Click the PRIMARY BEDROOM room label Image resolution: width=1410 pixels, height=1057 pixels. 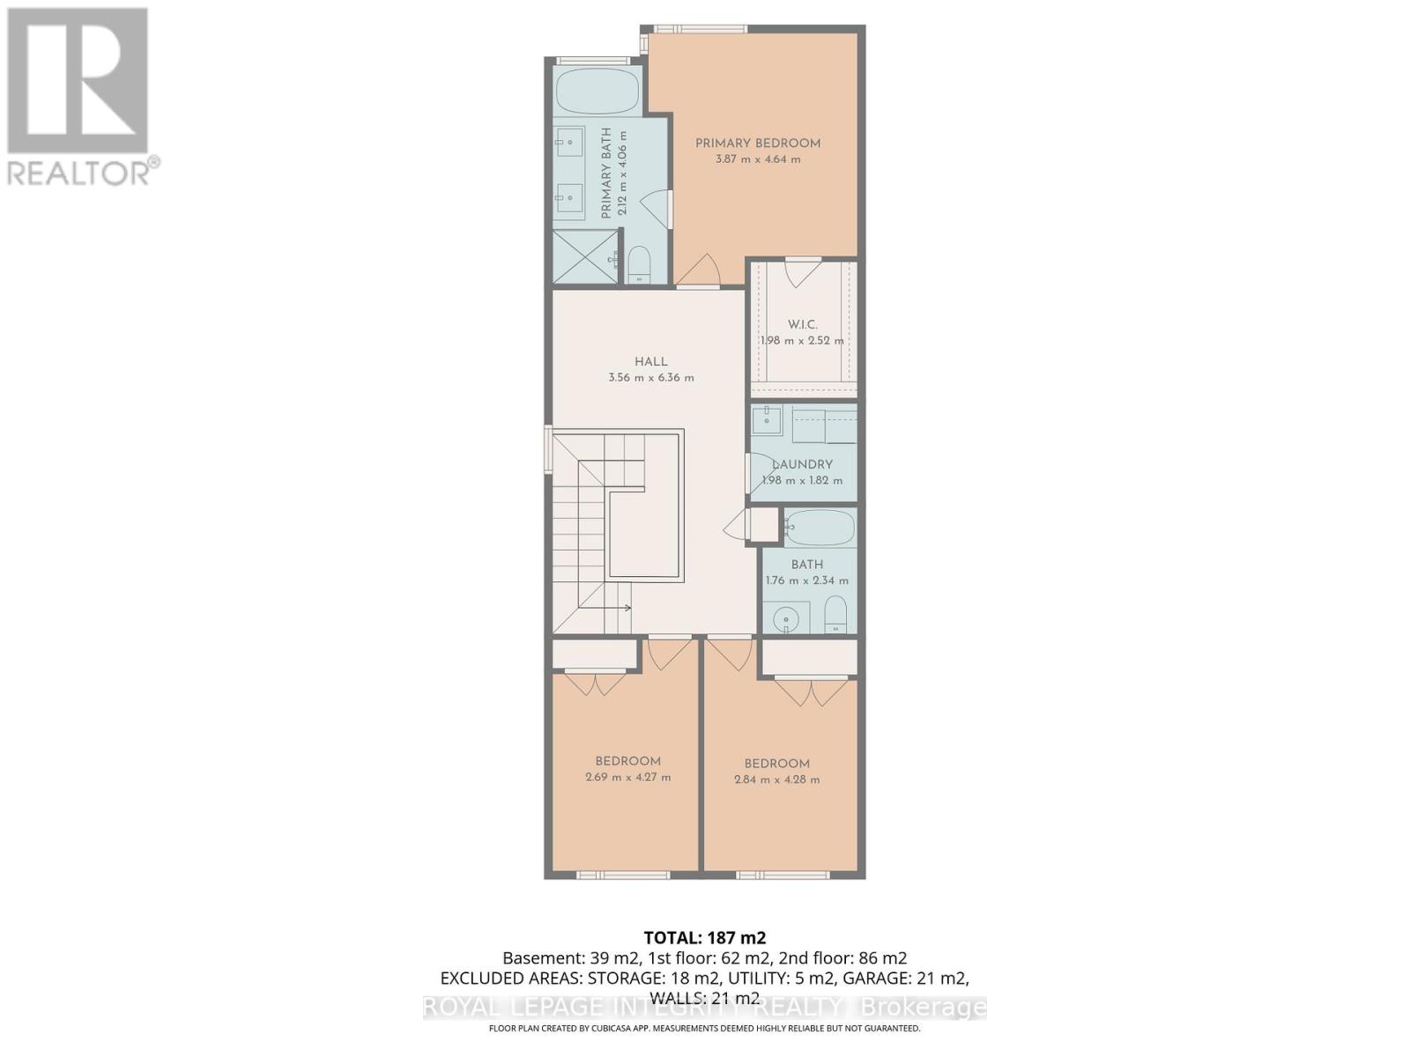(757, 144)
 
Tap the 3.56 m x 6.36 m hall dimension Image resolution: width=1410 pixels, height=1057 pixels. (650, 378)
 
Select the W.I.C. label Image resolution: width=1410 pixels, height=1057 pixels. (802, 325)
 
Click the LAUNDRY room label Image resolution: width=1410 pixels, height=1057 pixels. (802, 464)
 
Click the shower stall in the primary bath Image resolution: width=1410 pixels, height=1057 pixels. (586, 256)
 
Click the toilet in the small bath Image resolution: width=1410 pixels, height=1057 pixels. (835, 614)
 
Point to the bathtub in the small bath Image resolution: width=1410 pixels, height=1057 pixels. (820, 528)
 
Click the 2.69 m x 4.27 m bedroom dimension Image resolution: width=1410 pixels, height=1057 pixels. (627, 778)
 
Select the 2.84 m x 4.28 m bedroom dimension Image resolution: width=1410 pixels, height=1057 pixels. (776, 780)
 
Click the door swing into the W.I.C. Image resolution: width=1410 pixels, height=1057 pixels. (803, 272)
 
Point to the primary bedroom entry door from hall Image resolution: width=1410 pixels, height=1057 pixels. (699, 271)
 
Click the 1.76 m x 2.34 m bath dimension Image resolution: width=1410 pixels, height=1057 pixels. (806, 580)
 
